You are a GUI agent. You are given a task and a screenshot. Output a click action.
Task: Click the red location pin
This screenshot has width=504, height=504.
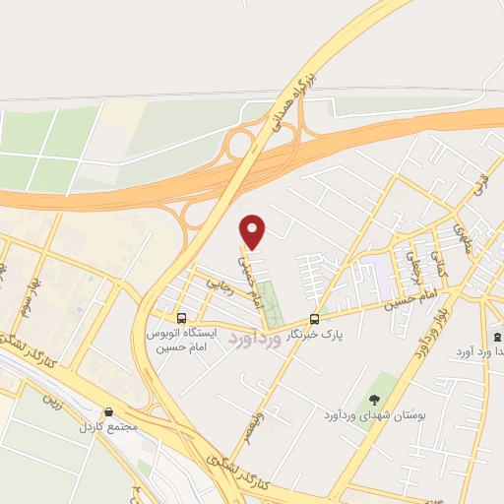(x=253, y=230)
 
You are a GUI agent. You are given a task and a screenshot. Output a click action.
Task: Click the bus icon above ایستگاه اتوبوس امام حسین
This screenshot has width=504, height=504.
(x=181, y=318)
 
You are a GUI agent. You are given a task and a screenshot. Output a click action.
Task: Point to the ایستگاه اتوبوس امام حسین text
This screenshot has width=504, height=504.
(x=181, y=341)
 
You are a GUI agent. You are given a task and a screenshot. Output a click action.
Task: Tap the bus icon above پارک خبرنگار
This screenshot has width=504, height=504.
(x=314, y=319)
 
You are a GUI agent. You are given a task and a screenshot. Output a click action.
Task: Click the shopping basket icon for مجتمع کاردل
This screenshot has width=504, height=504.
(x=108, y=412)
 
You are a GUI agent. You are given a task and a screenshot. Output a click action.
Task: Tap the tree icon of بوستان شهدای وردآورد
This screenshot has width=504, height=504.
(x=374, y=399)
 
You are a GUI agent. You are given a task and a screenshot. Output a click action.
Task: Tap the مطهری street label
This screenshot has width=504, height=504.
(x=461, y=236)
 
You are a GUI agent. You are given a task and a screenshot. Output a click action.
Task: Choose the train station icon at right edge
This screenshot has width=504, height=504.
(x=495, y=335)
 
